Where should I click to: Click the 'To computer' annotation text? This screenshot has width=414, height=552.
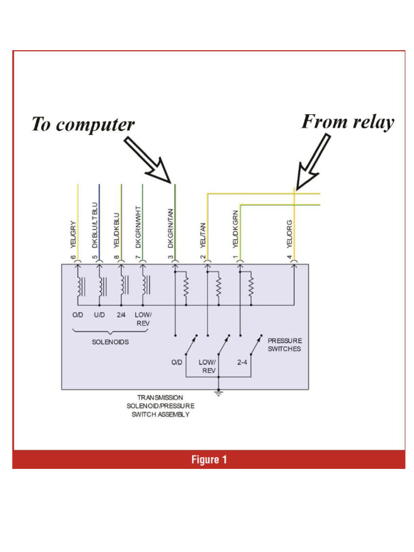click(x=82, y=125)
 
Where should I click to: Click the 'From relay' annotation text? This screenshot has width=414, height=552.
click(x=348, y=122)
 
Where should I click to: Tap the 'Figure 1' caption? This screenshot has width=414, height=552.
click(x=209, y=460)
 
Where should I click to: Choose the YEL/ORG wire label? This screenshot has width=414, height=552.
click(x=289, y=233)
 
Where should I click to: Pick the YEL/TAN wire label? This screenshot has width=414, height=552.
click(x=203, y=235)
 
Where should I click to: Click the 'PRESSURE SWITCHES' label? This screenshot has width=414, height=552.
click(x=285, y=344)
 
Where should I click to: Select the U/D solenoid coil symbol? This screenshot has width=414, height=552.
click(x=101, y=286)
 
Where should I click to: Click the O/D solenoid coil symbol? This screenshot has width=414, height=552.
click(x=80, y=286)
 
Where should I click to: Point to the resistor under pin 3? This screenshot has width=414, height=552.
click(x=186, y=287)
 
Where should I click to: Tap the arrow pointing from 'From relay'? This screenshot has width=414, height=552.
click(x=314, y=161)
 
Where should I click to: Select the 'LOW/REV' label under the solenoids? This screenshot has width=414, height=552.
click(x=143, y=319)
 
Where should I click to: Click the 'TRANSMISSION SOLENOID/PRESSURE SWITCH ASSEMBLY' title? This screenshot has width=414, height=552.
click(x=160, y=406)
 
